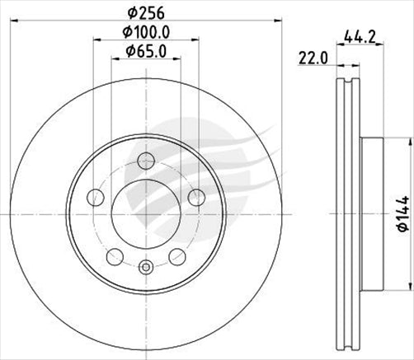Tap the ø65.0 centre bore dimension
[x=145, y=52]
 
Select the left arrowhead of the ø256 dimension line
[x=12, y=25]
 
